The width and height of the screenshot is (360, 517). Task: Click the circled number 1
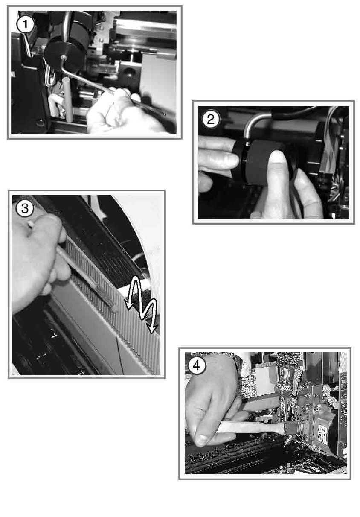pyautogui.click(x=25, y=24)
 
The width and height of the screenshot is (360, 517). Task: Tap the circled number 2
pyautogui.click(x=211, y=120)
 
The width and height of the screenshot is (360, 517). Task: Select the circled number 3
pyautogui.click(x=25, y=208)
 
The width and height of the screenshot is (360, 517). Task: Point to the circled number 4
pyautogui.click(x=197, y=365)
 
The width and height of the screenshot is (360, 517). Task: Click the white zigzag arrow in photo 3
pyautogui.click(x=141, y=305)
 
